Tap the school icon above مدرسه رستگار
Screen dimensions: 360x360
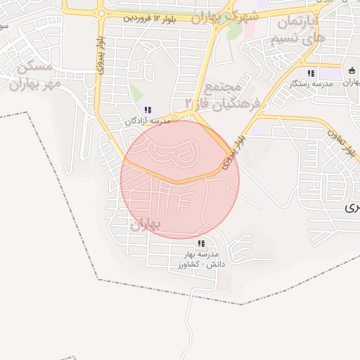tap(310, 73)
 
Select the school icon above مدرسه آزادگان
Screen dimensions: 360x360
tap(148, 110)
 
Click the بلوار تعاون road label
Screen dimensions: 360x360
tap(340, 134)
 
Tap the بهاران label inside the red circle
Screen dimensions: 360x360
tap(146, 224)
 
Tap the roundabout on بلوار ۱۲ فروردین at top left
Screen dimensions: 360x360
tap(102, 13)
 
